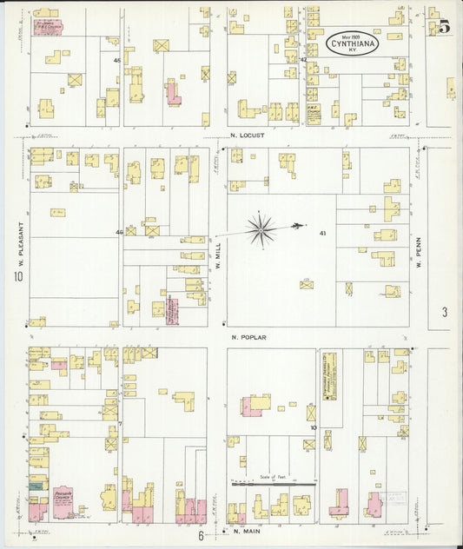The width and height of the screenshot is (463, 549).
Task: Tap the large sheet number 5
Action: coord(444,26)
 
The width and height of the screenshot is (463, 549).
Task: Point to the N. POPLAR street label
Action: coord(248,337)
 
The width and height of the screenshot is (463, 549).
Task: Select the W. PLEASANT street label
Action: coord(18,244)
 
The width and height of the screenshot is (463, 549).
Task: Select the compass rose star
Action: coord(261,229)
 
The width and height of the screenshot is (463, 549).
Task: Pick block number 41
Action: coord(322,233)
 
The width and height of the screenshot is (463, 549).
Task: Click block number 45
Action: coord(117,60)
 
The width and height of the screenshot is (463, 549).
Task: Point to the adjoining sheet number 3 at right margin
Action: coord(444,313)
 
